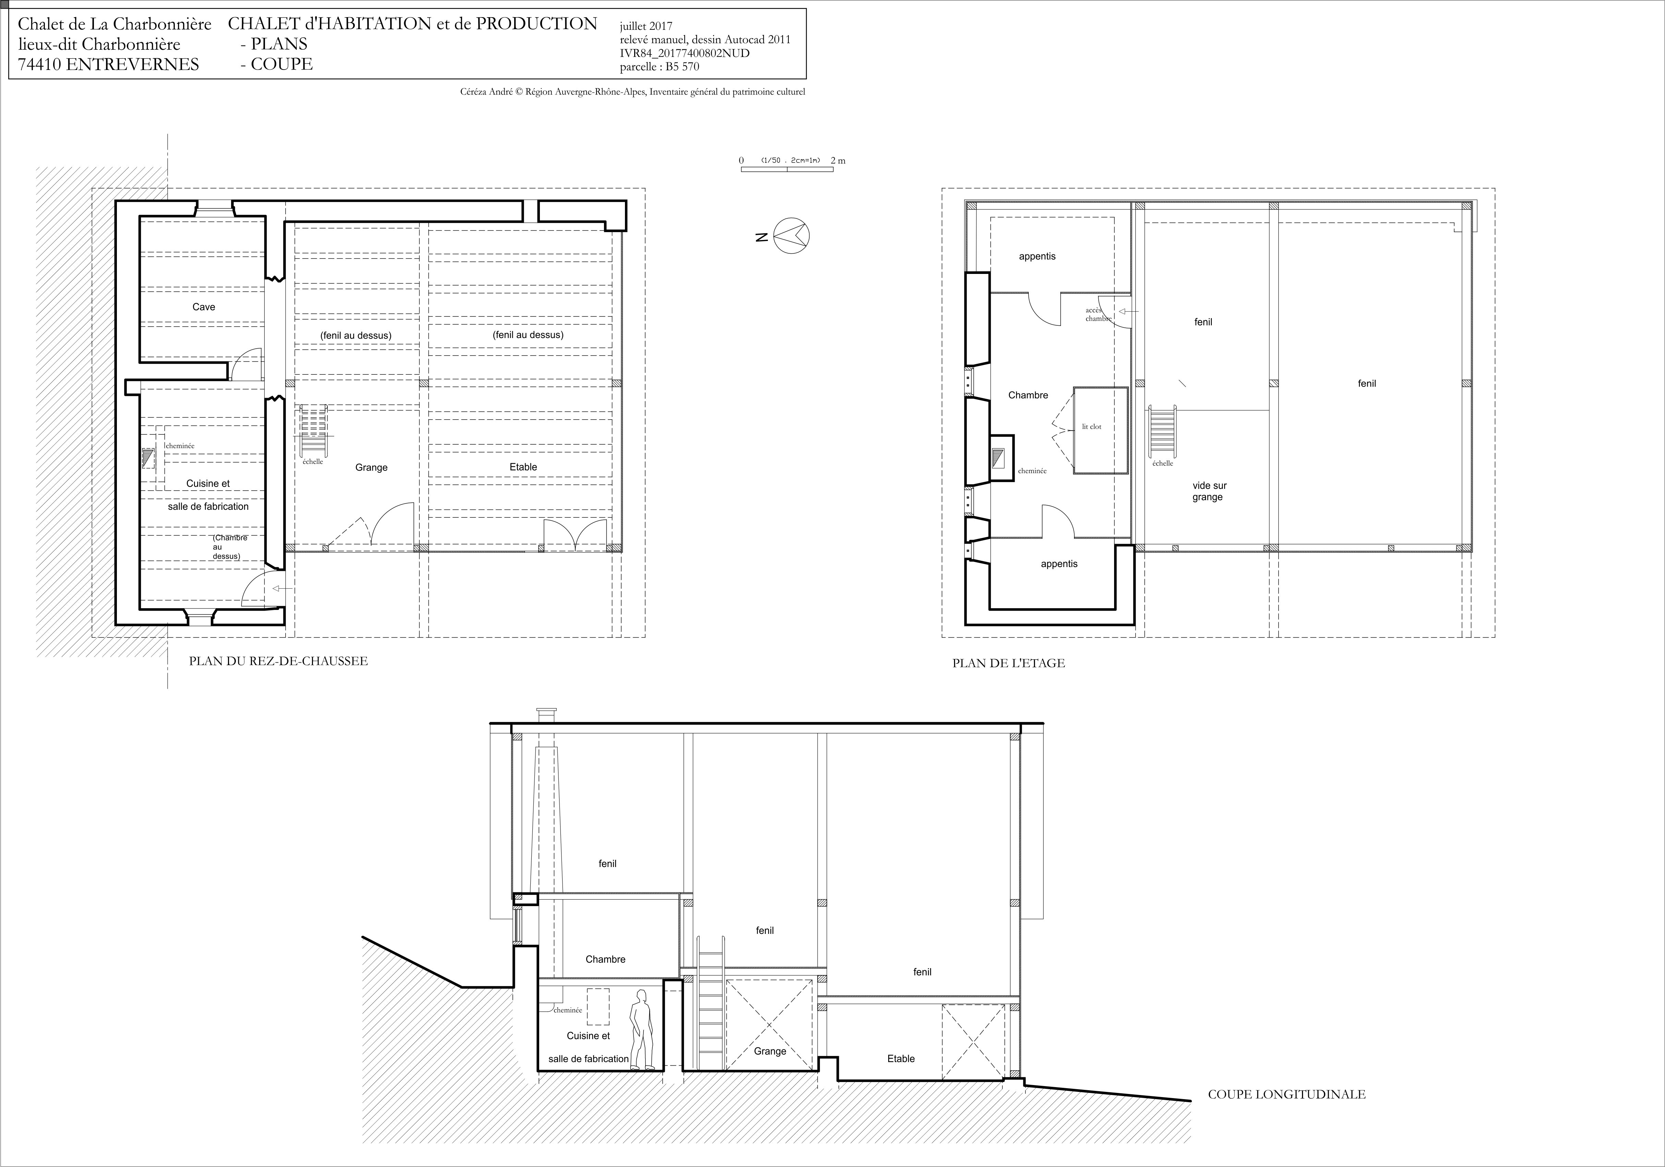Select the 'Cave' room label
point(204,307)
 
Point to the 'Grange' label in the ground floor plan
point(371,468)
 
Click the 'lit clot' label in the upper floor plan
point(1091,426)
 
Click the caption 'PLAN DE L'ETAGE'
point(1009,663)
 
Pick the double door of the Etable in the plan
point(577,534)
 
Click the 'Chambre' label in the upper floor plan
point(1028,395)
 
